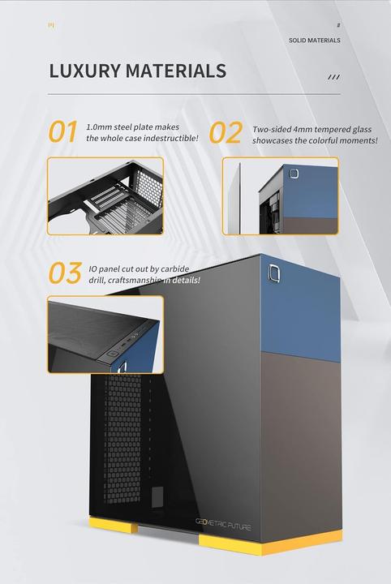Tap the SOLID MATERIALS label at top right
click(314, 40)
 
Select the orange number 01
click(63, 132)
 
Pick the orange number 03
click(65, 273)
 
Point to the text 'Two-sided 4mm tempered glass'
click(312, 129)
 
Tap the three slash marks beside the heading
click(333, 77)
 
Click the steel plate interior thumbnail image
click(105, 195)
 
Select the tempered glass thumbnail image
click(280, 195)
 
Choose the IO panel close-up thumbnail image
click(105, 334)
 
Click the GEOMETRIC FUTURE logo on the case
click(223, 526)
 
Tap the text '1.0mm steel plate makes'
click(132, 127)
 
